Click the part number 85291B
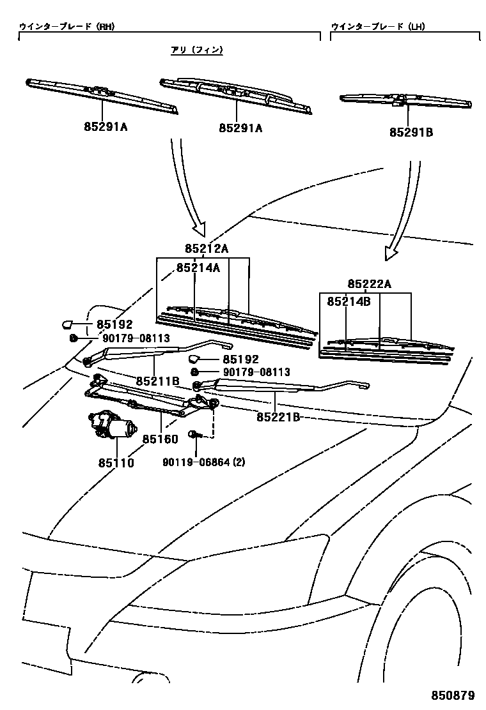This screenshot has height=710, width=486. click(411, 133)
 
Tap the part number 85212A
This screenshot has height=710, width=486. click(207, 248)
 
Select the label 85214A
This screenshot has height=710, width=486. click(198, 268)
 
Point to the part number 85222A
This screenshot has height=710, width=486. click(369, 284)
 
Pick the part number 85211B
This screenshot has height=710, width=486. click(157, 381)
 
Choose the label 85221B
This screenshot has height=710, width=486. click(278, 417)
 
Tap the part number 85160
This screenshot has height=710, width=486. click(160, 439)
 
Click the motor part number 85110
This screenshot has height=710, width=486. click(116, 462)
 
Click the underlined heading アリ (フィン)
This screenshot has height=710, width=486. click(196, 50)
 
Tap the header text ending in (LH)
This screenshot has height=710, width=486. click(377, 27)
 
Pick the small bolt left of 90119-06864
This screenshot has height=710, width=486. click(193, 435)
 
